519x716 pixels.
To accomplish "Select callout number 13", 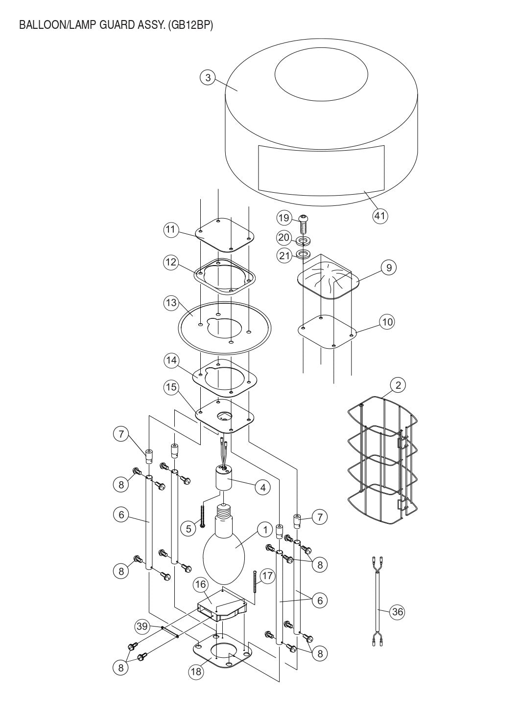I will tap(171, 303).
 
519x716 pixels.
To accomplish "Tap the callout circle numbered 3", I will tap(208, 78).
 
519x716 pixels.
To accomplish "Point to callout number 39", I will tap(142, 626).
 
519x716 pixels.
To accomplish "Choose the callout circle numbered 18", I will tap(196, 671).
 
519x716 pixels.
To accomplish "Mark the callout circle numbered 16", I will tap(200, 584).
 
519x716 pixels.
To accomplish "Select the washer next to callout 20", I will tap(303, 241).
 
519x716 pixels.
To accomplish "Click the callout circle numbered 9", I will tap(388, 268).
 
